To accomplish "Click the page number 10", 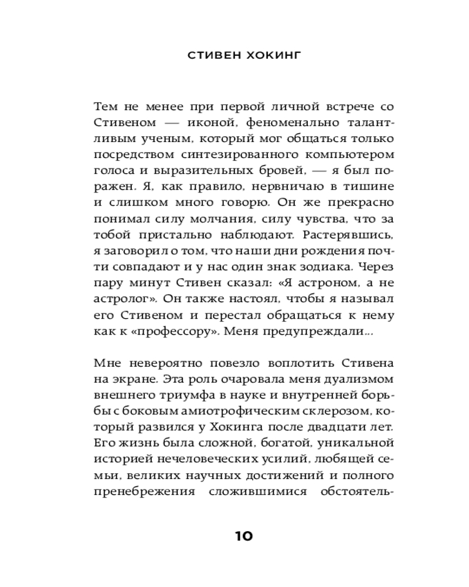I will click(243, 535).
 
